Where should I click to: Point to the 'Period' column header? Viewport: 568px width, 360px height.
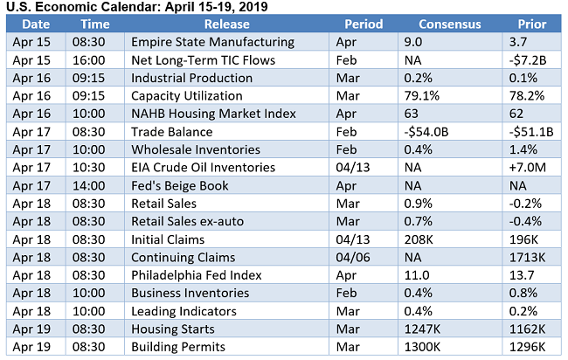(364, 24)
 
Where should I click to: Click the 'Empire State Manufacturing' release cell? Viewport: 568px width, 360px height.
(212, 42)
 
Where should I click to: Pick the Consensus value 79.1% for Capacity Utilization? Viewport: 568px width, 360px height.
(423, 96)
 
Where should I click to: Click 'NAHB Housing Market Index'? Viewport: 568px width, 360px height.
(214, 114)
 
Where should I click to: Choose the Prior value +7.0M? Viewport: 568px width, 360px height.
(528, 168)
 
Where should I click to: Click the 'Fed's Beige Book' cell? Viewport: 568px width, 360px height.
(180, 185)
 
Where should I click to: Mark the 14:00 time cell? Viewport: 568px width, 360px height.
(94, 185)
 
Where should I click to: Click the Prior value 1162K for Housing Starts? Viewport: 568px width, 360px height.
(527, 329)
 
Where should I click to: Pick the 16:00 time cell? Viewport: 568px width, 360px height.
(94, 60)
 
